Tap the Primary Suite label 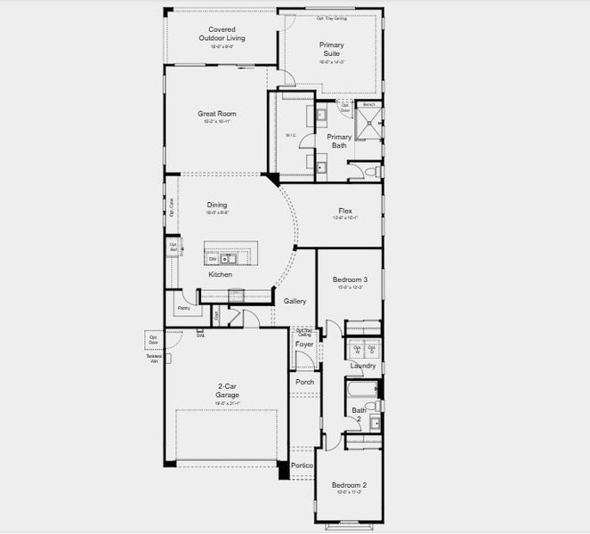(332, 49)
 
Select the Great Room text (216, 114)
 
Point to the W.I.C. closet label (290, 134)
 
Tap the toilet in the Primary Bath (375, 169)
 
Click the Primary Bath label (339, 141)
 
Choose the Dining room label (217, 205)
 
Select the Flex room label (345, 211)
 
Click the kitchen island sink (229, 259)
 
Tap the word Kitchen (220, 274)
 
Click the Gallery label (295, 301)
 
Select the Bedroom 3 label (349, 279)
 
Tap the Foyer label (304, 344)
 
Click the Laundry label (362, 366)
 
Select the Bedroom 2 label (348, 485)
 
